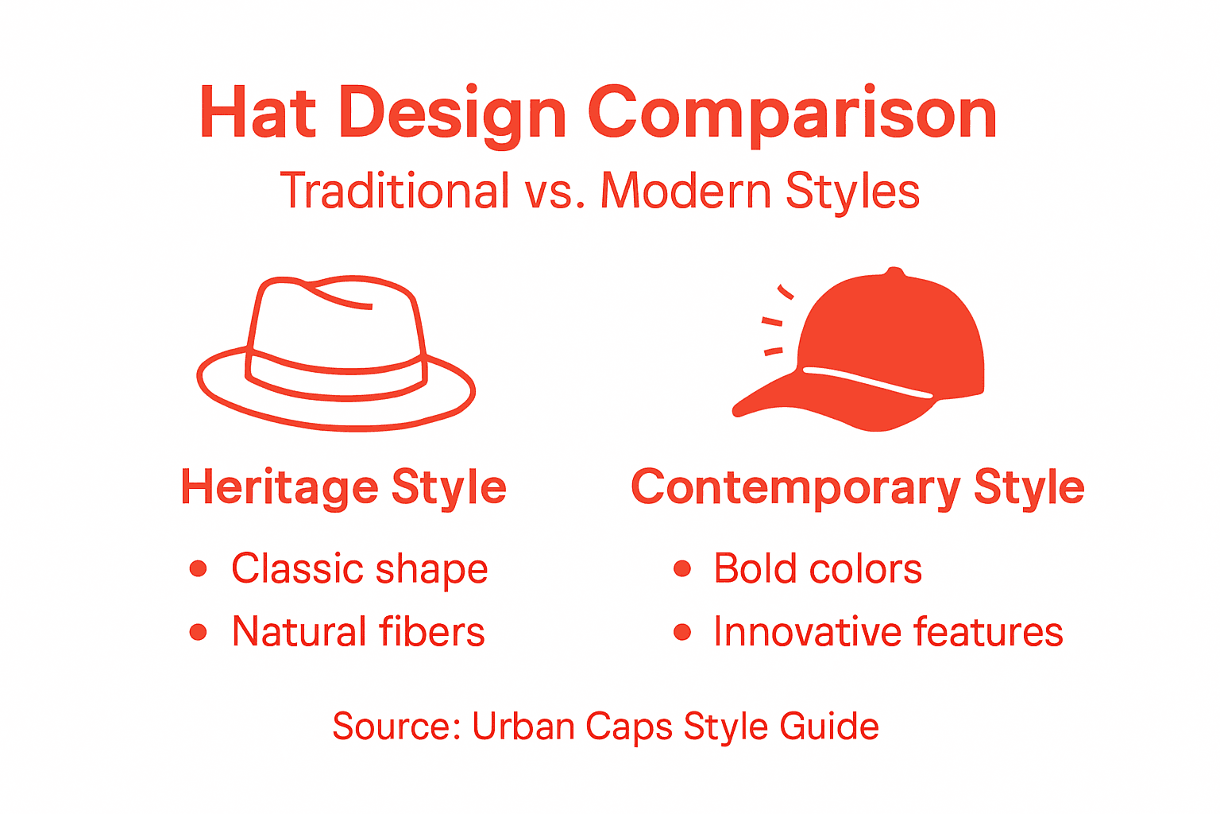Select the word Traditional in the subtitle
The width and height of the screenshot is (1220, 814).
395,191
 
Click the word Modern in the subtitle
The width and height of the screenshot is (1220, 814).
685,191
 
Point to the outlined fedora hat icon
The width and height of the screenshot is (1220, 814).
336,354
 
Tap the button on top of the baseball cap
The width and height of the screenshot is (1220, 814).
895,273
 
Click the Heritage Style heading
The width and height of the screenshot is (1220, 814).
343,486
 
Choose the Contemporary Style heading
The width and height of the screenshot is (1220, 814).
857,486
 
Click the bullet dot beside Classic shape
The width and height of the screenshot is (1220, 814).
199,568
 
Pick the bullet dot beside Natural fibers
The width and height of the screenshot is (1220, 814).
199,632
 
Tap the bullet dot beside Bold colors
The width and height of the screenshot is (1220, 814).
681,568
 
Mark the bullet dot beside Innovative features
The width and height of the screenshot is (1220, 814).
681,632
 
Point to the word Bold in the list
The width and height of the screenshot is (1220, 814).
755,568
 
